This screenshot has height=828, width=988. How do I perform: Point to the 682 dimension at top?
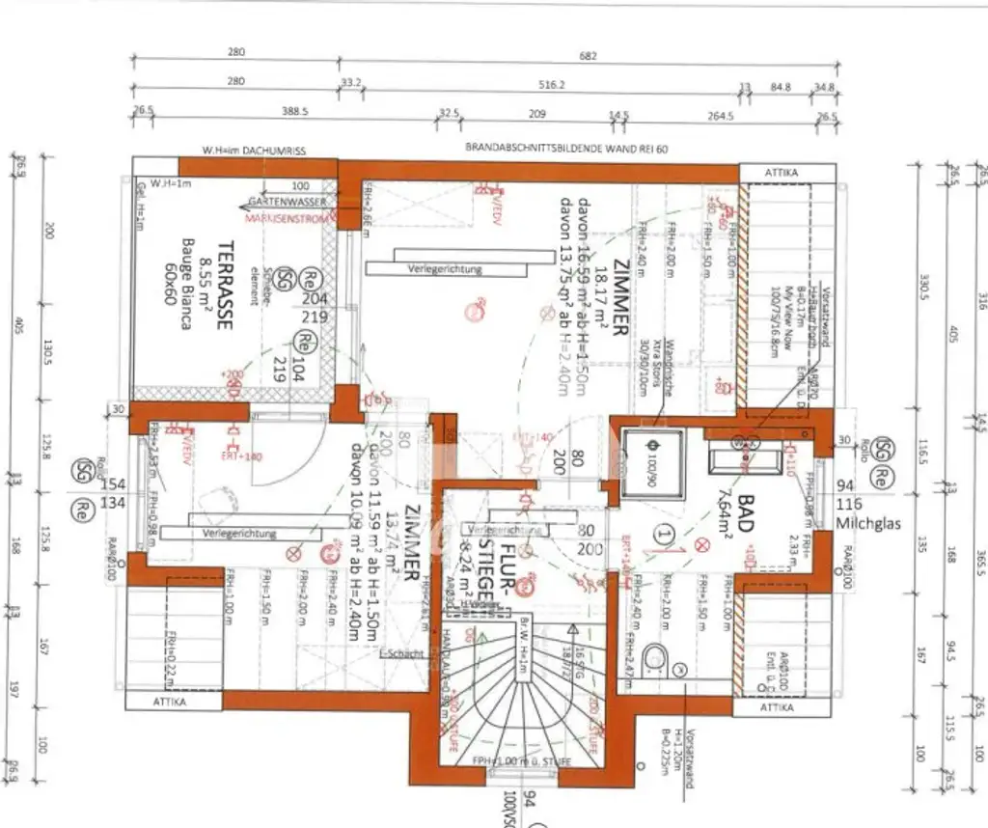point(589,55)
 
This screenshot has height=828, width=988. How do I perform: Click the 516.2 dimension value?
point(550,83)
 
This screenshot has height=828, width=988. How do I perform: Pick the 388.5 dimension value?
point(294,112)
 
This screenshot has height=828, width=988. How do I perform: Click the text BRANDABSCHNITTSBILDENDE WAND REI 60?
point(567,150)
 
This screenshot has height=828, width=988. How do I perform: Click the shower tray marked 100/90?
point(652,465)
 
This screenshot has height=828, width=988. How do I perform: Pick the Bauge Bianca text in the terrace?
point(185,287)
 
